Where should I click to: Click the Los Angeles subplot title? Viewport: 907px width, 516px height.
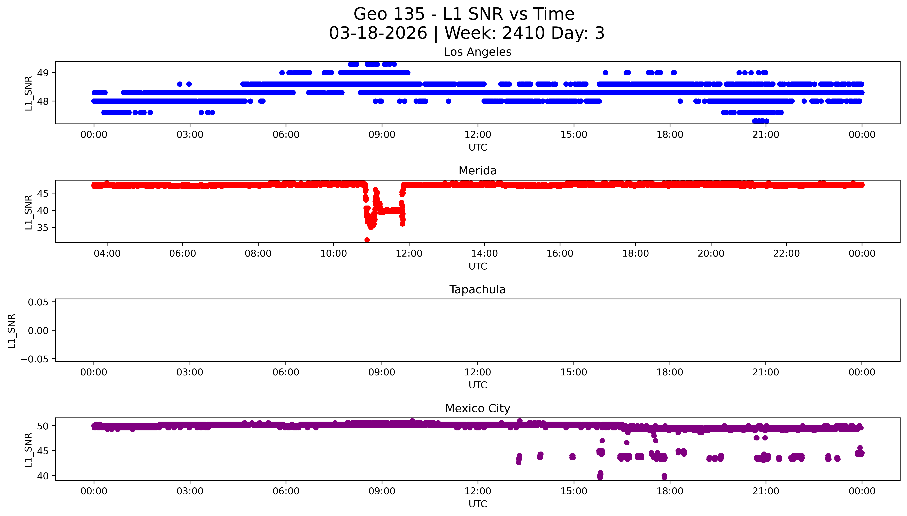pos(477,52)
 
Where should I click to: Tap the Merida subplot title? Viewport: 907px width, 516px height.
pos(477,171)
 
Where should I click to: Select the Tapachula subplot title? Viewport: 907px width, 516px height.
pos(477,290)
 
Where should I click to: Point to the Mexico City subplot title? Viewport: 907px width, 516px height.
pos(477,409)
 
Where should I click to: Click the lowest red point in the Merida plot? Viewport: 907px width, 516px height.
pos(367,240)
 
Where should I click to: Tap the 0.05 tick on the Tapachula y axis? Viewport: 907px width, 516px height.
pos(38,302)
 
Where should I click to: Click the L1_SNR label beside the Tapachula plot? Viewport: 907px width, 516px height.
pos(12,331)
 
